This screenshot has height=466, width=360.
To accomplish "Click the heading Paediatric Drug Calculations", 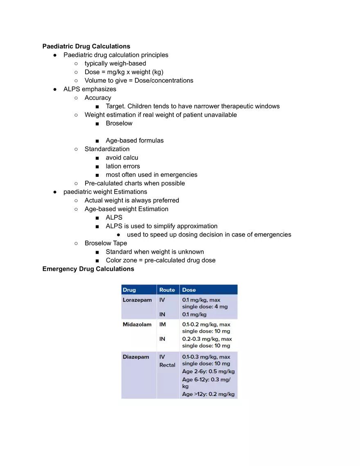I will pyautogui.click(x=86, y=46).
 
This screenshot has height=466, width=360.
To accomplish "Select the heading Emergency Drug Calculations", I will pyautogui.click(x=88, y=269).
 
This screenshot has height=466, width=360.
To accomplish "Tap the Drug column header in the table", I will pyautogui.click(x=129, y=290).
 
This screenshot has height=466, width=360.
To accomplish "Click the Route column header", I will pyautogui.click(x=167, y=290).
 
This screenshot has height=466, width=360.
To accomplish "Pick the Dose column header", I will pyautogui.click(x=189, y=290).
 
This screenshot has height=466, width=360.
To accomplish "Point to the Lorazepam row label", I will pyautogui.click(x=137, y=300).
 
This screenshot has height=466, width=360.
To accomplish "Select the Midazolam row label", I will pyautogui.click(x=137, y=324).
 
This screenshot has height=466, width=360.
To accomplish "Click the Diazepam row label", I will pyautogui.click(x=136, y=357).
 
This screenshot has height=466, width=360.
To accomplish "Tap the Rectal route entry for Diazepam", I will pyautogui.click(x=167, y=365).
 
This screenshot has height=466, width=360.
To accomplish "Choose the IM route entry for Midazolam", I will pyautogui.click(x=163, y=324).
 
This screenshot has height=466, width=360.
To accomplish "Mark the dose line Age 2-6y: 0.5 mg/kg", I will pyautogui.click(x=208, y=371).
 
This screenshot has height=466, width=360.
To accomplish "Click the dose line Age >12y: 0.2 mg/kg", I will pyautogui.click(x=208, y=394).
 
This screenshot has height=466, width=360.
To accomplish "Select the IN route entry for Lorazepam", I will pyautogui.click(x=162, y=314).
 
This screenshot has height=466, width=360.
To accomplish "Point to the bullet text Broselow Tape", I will pyautogui.click(x=106, y=243).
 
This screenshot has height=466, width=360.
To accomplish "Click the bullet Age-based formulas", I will pyautogui.click(x=135, y=140).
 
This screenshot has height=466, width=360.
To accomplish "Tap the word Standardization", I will pyautogui.click(x=107, y=149).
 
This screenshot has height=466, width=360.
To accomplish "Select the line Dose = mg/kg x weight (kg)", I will pyautogui.click(x=124, y=72).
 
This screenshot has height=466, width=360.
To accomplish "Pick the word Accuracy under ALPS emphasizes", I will pyautogui.click(x=98, y=98).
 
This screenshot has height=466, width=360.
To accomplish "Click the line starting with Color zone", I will pyautogui.click(x=160, y=260).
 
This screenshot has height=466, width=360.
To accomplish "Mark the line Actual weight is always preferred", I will pyautogui.click(x=132, y=200).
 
